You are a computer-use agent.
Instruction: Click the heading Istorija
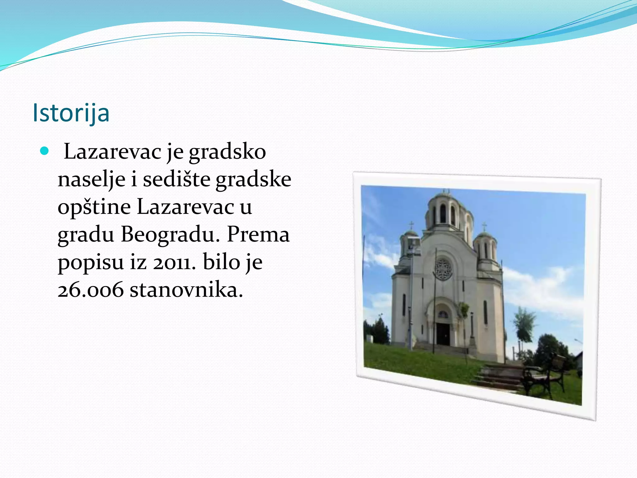coord(71,113)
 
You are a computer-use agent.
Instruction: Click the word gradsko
coord(227,152)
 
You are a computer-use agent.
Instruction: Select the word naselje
coord(91,180)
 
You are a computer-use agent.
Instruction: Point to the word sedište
coord(176,179)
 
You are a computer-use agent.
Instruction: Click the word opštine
coord(94,207)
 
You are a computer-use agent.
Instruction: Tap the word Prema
coord(258,234)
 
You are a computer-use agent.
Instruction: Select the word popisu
coord(91,262)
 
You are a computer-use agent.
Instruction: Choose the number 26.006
coord(91,290)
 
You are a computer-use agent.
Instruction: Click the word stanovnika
coord(186,290)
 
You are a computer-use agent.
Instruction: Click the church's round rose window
coord(443,268)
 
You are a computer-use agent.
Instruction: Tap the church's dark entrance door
coord(443,334)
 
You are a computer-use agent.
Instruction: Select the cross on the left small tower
coord(411,225)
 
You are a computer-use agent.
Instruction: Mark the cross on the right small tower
coord(484,226)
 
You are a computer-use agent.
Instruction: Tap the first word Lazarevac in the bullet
coord(113,152)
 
